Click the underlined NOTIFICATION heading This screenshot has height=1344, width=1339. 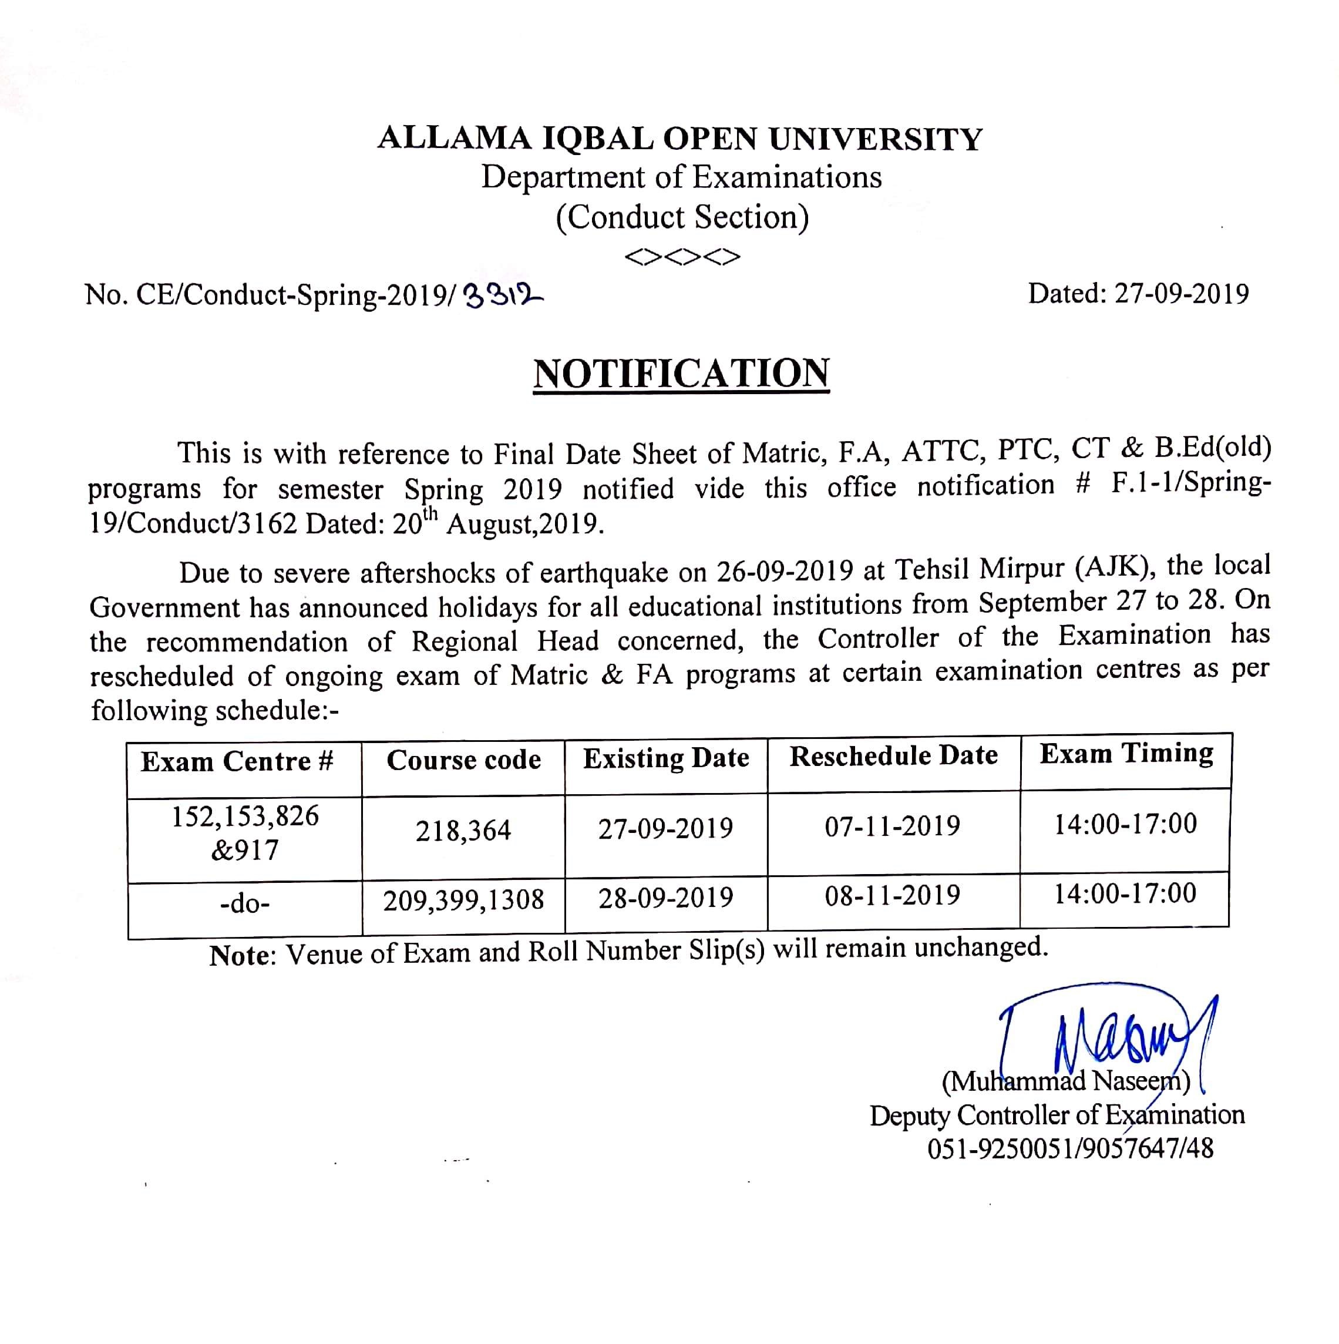(681, 374)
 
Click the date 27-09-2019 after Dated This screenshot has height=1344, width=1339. (1182, 294)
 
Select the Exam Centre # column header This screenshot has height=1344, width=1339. (238, 762)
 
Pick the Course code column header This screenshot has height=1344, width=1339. (463, 760)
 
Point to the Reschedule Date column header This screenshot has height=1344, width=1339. (893, 755)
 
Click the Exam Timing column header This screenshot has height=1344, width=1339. (1126, 754)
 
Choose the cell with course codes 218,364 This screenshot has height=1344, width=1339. (463, 831)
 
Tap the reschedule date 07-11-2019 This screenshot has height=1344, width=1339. (893, 826)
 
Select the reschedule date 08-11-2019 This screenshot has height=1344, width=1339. (893, 895)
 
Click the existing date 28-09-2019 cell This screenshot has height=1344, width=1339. (665, 898)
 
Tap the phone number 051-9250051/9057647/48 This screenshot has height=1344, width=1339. (1070, 1148)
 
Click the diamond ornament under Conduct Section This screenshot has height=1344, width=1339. (682, 257)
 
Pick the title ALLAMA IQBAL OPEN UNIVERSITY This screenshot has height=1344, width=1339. (679, 139)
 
